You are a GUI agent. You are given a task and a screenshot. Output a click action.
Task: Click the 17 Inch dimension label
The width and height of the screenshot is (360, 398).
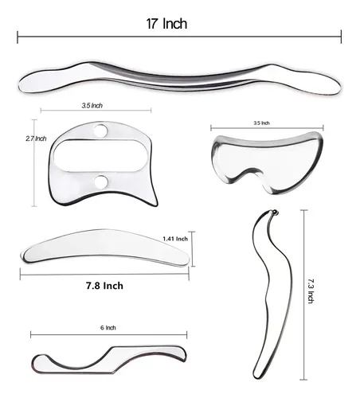click(166, 24)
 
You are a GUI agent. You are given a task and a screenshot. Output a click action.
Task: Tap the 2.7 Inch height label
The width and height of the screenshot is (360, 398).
click(36, 139)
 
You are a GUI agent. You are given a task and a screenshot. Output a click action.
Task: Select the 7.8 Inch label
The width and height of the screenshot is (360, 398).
click(104, 286)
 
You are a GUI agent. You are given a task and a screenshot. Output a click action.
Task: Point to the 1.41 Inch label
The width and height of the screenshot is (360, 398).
click(175, 239)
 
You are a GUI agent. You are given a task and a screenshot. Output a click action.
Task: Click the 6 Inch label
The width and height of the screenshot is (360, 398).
click(108, 328)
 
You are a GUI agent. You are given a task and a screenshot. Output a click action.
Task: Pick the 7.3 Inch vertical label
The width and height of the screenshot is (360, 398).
click(311, 291)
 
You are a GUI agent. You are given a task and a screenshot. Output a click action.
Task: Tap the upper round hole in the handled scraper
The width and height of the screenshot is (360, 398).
click(100, 131)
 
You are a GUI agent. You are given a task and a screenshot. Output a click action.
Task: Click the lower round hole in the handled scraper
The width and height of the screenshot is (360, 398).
click(101, 181)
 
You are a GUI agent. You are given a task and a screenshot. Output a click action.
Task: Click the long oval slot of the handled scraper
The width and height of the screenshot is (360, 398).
click(101, 155)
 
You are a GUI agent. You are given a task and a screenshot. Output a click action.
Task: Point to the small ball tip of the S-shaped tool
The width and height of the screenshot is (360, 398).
click(274, 212)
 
